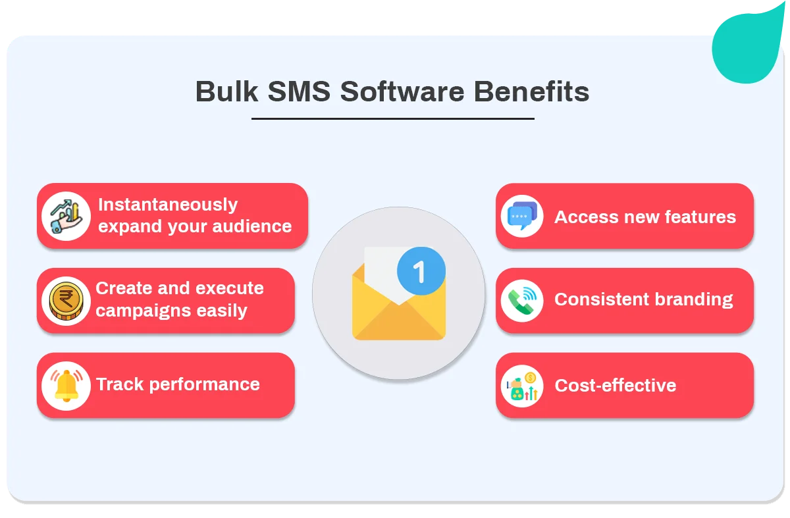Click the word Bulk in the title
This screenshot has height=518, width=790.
(226, 91)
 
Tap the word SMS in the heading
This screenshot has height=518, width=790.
(299, 91)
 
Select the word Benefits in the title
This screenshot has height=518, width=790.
(531, 91)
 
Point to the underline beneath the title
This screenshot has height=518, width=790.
(393, 119)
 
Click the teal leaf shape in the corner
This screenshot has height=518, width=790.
(748, 46)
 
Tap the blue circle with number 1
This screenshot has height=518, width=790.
(421, 271)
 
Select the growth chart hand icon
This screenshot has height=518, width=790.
(66, 216)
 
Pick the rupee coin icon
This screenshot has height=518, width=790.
(66, 301)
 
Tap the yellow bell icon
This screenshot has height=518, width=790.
(66, 386)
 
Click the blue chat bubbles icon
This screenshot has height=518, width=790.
(522, 216)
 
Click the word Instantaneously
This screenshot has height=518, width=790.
(168, 205)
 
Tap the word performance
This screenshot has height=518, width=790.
(205, 384)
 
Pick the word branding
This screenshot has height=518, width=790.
(694, 299)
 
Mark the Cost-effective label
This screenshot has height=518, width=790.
(616, 385)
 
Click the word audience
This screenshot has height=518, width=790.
(252, 226)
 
